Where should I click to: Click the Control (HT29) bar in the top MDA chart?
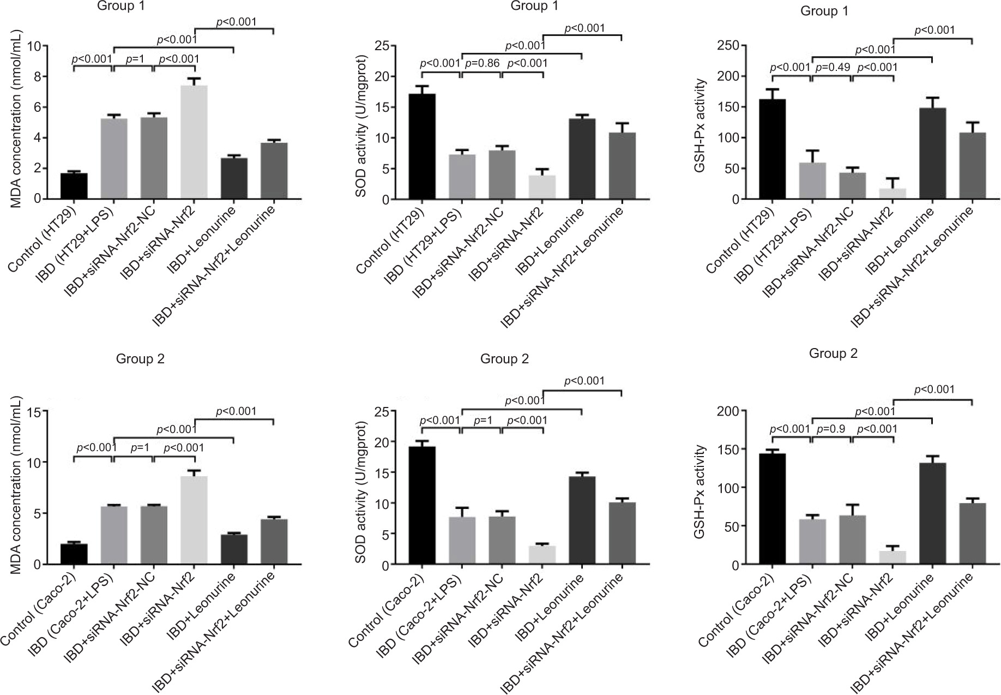[x=74, y=186]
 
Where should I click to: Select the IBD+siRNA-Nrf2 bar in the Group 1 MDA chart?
[x=194, y=142]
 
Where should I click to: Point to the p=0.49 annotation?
[x=831, y=67]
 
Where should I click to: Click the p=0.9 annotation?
[x=831, y=429]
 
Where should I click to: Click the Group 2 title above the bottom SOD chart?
[x=504, y=359]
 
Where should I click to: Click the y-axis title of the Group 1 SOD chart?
[x=361, y=124]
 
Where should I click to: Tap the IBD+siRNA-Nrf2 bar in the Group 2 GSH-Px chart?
[x=893, y=558]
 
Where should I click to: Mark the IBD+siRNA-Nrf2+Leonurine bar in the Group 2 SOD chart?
[x=622, y=534]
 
